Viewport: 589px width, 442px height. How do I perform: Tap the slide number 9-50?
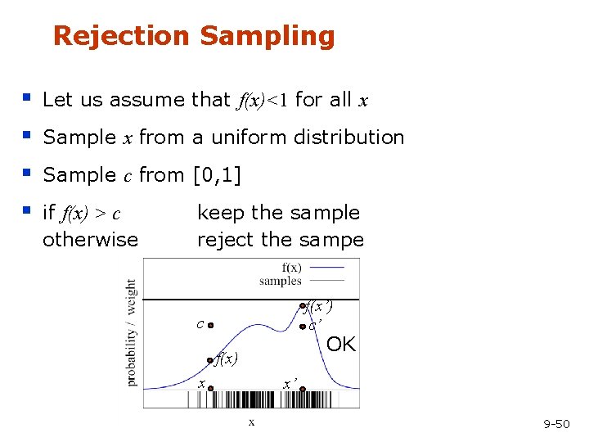coord(556,423)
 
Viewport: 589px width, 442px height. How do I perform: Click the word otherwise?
coord(90,240)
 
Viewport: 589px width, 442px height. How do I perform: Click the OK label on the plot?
coord(341,345)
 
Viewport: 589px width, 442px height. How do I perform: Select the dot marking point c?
coord(210,325)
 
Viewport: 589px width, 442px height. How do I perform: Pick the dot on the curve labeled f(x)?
coord(210,359)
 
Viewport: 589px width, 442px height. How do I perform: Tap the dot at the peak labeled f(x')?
coord(302,309)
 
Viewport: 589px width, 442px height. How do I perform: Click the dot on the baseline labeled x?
coord(210,390)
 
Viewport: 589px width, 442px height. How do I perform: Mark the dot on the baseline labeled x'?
coord(302,390)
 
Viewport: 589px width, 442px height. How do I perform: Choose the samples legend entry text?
coord(281,280)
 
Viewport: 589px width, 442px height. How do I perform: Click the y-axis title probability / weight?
coord(132,332)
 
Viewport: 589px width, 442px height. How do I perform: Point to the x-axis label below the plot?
coord(251,422)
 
